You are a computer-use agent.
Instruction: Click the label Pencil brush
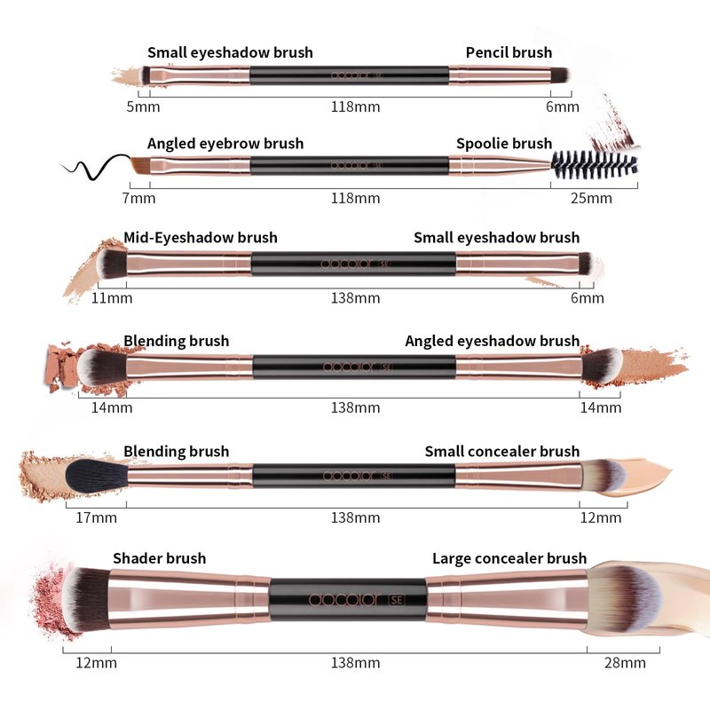pyautogui.click(x=509, y=52)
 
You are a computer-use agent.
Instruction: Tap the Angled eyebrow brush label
pyautogui.click(x=225, y=143)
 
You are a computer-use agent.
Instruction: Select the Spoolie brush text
pyautogui.click(x=504, y=143)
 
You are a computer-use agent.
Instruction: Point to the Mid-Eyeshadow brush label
pyautogui.click(x=201, y=237)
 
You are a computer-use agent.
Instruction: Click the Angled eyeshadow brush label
pyautogui.click(x=492, y=341)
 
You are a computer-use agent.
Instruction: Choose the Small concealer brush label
pyautogui.click(x=501, y=451)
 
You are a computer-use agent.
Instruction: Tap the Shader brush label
pyautogui.click(x=159, y=558)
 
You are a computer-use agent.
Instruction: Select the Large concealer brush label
pyautogui.click(x=509, y=558)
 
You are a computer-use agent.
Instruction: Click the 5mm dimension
pyautogui.click(x=143, y=106)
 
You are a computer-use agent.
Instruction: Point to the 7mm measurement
pyautogui.click(x=138, y=198)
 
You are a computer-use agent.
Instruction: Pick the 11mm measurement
pyautogui.click(x=112, y=298)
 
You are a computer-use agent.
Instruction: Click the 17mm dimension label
pyautogui.click(x=96, y=517)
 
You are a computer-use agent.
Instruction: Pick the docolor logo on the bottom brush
pyautogui.click(x=343, y=600)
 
